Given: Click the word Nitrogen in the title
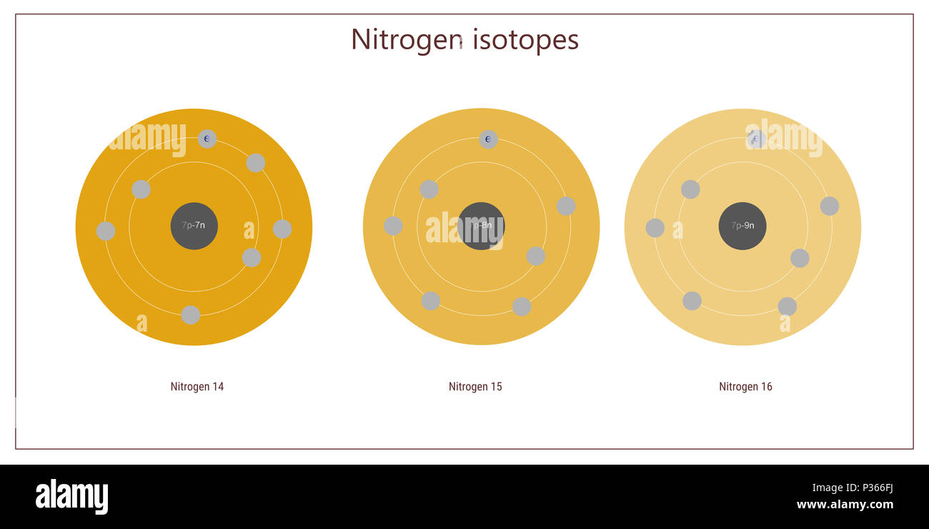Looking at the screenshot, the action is (406, 39).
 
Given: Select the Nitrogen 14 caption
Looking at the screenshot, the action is (197, 387).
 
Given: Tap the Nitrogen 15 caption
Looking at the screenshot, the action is (475, 387).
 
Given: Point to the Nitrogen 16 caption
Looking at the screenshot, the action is (745, 387).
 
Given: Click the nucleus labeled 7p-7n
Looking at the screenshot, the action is (194, 226).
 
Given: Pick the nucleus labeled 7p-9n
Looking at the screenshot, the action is (742, 226).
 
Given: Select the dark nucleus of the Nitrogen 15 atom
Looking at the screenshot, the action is (481, 226).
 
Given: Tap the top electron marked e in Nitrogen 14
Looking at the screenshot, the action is (207, 139).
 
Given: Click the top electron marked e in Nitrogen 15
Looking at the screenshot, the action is (488, 139).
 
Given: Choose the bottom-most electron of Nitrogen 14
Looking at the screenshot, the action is (190, 315).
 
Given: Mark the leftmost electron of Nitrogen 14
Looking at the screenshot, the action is (106, 231).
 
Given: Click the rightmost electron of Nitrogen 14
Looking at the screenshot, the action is (282, 229).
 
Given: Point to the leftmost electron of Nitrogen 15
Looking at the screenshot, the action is (393, 226).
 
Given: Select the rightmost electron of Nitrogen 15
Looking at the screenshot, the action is (566, 206).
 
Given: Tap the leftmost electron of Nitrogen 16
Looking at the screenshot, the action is (655, 228).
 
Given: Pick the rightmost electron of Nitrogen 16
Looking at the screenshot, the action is (829, 206).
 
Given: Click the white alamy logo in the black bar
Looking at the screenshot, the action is (71, 497).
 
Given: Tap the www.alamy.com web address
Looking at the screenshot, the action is (845, 505).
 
